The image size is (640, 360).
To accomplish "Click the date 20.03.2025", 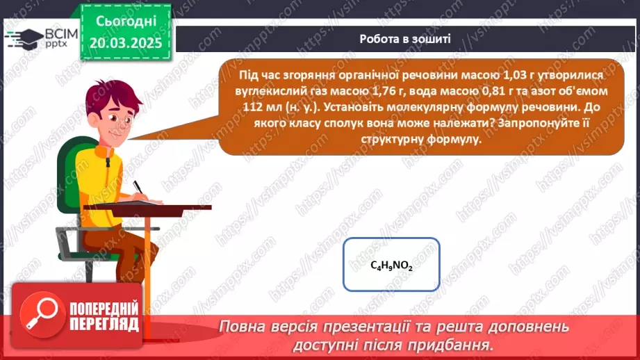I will [125, 43].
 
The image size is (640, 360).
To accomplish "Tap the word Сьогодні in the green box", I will [124, 22].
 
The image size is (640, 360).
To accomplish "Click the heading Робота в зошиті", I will [404, 39].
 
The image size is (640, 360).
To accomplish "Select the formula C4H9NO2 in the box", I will [391, 265].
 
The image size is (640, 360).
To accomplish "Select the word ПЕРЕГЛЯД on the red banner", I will [104, 323].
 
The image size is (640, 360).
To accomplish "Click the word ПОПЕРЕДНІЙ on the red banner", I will [104, 307].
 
